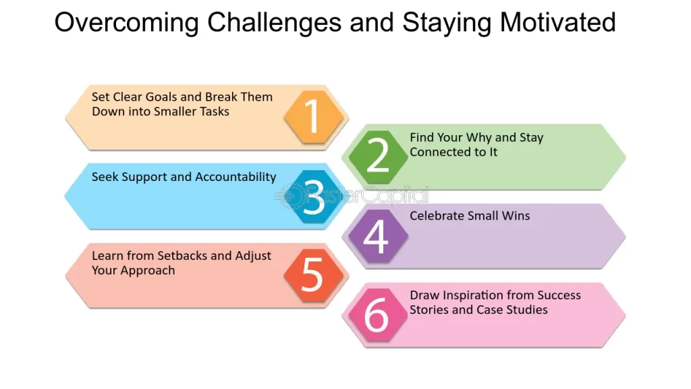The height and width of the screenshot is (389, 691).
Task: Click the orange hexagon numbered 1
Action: pos(313,117)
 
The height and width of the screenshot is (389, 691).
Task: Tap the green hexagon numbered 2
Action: pos(378,157)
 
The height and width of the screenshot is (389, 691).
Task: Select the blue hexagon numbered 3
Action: pos(313,197)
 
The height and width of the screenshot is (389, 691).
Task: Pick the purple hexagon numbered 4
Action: pos(378,236)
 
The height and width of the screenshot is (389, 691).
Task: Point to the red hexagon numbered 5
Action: pos(313,276)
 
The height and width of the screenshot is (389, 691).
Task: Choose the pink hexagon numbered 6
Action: pos(378,315)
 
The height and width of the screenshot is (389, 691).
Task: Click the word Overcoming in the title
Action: pos(126,23)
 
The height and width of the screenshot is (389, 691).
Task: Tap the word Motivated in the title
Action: pos(557,22)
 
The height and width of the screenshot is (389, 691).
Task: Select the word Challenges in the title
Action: pos(274,23)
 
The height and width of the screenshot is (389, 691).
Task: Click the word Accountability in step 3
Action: pos(236,178)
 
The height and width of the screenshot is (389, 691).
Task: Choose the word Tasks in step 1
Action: pos(214,111)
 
